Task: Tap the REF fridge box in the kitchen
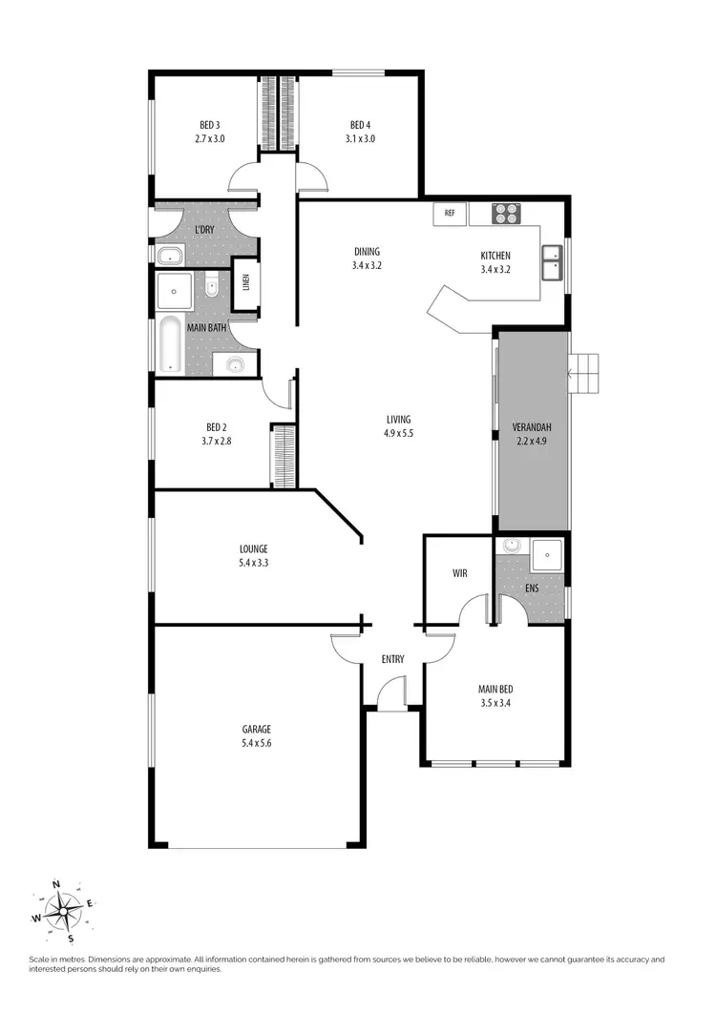pyautogui.click(x=449, y=215)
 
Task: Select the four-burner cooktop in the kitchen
pyautogui.click(x=505, y=214)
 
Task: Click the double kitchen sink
pyautogui.click(x=553, y=263)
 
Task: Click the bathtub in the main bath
pyautogui.click(x=170, y=344)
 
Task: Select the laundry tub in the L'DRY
pyautogui.click(x=171, y=256)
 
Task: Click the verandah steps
pyautogui.click(x=586, y=373)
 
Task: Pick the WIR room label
pyautogui.click(x=459, y=573)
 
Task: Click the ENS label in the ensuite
pyautogui.click(x=532, y=589)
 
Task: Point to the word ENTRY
pyautogui.click(x=392, y=659)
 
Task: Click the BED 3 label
pyautogui.click(x=210, y=125)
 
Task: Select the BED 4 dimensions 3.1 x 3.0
pyautogui.click(x=360, y=138)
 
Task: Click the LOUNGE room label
pyautogui.click(x=253, y=548)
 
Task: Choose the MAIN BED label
pyautogui.click(x=495, y=689)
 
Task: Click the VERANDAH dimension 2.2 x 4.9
pyautogui.click(x=529, y=441)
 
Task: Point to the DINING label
pyautogui.click(x=366, y=252)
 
